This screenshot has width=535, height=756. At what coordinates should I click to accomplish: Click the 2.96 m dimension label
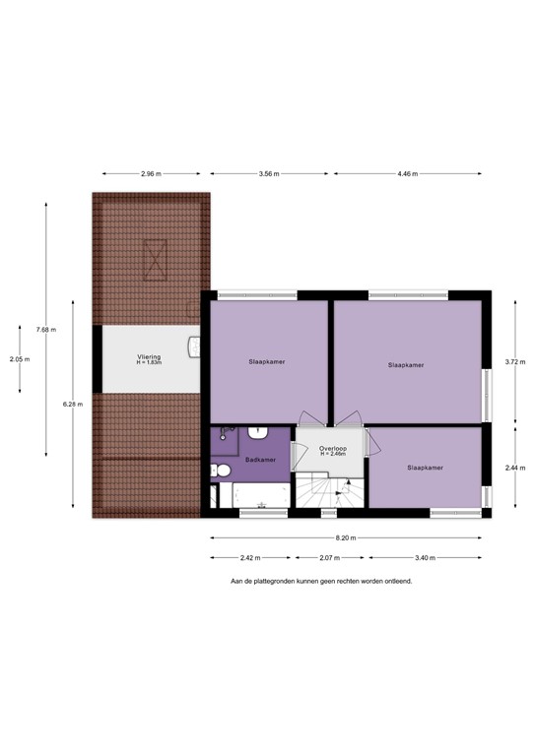(x=150, y=174)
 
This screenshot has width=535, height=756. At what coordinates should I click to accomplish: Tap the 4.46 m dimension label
(x=406, y=174)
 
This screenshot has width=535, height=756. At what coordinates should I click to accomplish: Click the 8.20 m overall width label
(x=346, y=538)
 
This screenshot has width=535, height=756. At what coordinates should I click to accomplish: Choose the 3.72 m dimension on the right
(x=512, y=362)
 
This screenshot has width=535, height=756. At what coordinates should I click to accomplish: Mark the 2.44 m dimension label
(x=512, y=469)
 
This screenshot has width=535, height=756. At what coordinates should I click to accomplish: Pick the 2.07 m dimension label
(x=330, y=557)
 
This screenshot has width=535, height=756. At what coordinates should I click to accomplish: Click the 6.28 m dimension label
(x=73, y=404)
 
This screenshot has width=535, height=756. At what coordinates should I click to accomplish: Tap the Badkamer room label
(x=259, y=459)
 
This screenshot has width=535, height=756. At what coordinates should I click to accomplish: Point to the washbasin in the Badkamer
(x=259, y=433)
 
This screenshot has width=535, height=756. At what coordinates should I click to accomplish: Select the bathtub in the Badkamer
(x=251, y=496)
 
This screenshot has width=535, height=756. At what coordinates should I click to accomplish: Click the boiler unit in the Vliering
(x=195, y=346)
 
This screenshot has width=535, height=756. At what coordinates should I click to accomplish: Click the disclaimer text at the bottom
(x=321, y=581)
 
